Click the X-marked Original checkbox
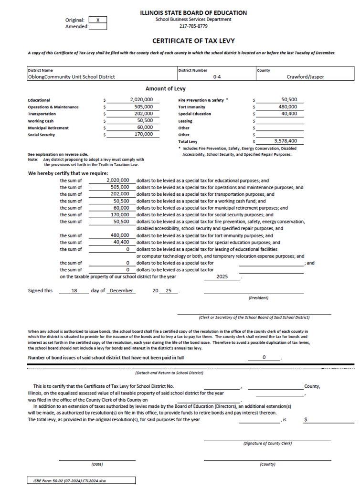pos(97,20)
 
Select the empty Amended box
pos(97,27)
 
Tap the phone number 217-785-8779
pos(193,26)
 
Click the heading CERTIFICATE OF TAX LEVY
pos(193,41)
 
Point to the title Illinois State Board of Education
pos(193,13)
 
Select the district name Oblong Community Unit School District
pos(72,77)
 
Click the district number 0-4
pos(217,77)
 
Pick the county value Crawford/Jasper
pos(305,77)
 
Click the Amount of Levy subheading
pos(166,89)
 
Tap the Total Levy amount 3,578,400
pos(286,141)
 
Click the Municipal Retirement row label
pos(48,128)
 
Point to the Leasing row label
pos(185,121)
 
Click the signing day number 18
pos(74,290)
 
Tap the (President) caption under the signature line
pos(258,298)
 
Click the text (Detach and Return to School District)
pos(169,373)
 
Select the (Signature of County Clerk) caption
pos(267,444)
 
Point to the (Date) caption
pos(97,464)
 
